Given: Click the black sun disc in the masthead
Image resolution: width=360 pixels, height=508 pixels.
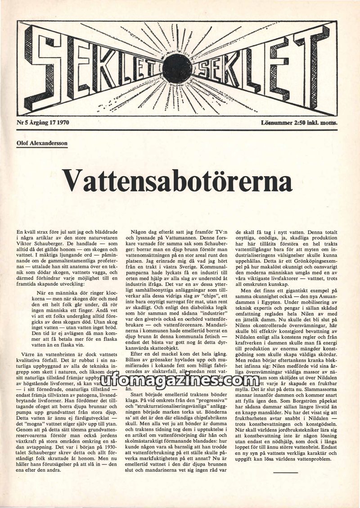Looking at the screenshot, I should [x=177, y=68].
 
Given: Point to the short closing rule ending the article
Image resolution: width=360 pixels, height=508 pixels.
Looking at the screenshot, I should [x=285, y=472].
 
